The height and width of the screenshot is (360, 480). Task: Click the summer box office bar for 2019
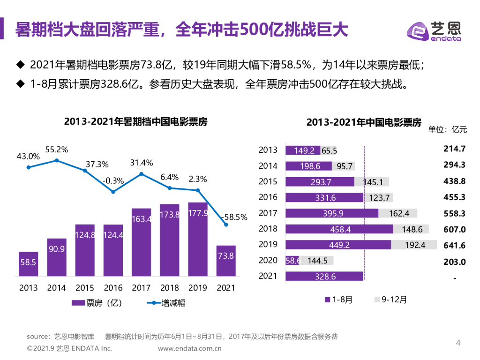[x=197, y=239]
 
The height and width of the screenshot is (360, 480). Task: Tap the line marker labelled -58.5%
[x=226, y=225]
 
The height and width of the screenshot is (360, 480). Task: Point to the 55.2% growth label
[x=57, y=150]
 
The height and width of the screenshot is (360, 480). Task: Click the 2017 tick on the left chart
[x=141, y=287]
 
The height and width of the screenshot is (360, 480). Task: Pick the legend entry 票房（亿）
[x=97, y=303]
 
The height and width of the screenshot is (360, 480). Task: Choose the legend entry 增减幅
[x=166, y=303]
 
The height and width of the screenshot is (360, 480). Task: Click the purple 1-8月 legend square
[x=327, y=300]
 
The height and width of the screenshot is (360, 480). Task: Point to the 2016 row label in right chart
[x=268, y=197]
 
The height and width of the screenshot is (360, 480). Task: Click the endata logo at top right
[x=433, y=31]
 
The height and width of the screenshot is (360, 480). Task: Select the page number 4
[x=458, y=343]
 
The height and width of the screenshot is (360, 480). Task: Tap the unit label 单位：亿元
[x=448, y=130]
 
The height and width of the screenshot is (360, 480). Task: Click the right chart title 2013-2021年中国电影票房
[x=364, y=122]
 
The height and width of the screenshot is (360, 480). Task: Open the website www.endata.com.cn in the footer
[x=189, y=348]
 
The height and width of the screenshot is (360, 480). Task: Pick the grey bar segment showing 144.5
[x=317, y=261]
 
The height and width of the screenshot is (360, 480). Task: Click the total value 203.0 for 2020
[x=455, y=262]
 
